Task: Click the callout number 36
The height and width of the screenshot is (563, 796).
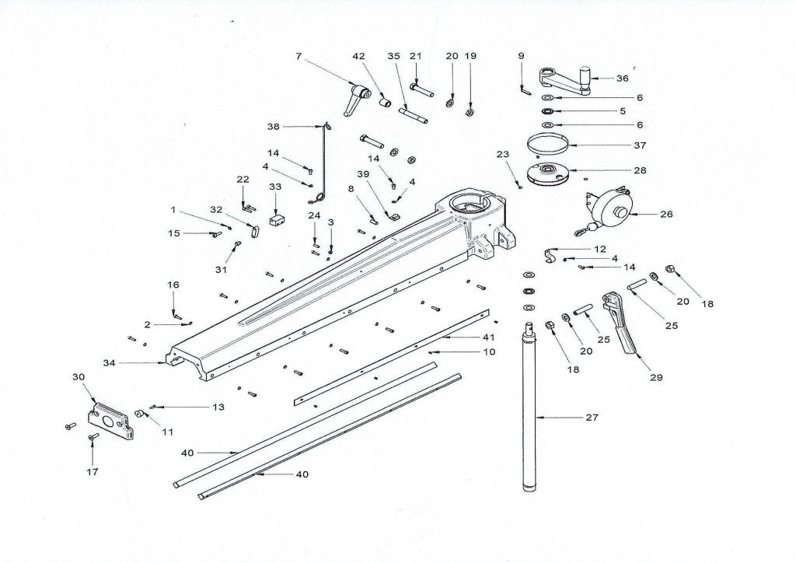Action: point(622,79)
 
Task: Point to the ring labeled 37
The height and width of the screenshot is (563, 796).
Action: point(547,145)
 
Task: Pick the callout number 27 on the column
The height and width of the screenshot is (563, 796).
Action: point(593,418)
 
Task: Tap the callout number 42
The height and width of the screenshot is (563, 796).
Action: point(358,56)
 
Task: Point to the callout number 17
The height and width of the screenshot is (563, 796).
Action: point(92,471)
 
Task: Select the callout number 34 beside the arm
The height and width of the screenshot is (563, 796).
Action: point(110,363)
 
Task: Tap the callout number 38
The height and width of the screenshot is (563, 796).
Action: point(273,126)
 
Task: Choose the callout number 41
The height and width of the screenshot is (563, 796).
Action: point(488,337)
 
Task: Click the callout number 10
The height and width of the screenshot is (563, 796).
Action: point(489,352)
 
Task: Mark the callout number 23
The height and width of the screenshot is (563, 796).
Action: point(502,155)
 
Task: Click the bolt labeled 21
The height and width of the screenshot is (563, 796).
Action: point(421,89)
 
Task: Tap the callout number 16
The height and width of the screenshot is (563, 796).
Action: point(173,285)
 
